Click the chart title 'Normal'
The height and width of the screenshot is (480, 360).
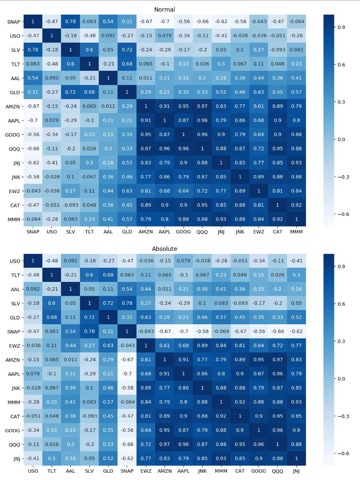165,9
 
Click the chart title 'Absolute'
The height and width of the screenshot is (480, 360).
165,249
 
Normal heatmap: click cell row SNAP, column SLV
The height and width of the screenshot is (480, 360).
70,22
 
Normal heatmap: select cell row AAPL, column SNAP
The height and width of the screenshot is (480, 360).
33,120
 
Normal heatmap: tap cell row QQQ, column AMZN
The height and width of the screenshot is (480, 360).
146,148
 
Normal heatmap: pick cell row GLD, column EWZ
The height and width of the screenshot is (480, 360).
258,92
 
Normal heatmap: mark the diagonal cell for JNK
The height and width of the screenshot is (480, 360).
240,177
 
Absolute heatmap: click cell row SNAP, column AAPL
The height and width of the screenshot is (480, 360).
183,331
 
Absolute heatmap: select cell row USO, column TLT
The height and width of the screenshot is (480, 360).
51,261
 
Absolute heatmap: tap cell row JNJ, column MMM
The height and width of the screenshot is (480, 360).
221,458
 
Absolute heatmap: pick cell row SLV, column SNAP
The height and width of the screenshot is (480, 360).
127,303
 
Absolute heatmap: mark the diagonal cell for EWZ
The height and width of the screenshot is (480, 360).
146,345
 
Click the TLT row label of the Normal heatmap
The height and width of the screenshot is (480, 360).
16,64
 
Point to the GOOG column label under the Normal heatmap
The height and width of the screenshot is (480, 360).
183,232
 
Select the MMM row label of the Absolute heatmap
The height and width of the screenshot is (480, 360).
14,402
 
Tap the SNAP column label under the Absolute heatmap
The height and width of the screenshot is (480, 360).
127,471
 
